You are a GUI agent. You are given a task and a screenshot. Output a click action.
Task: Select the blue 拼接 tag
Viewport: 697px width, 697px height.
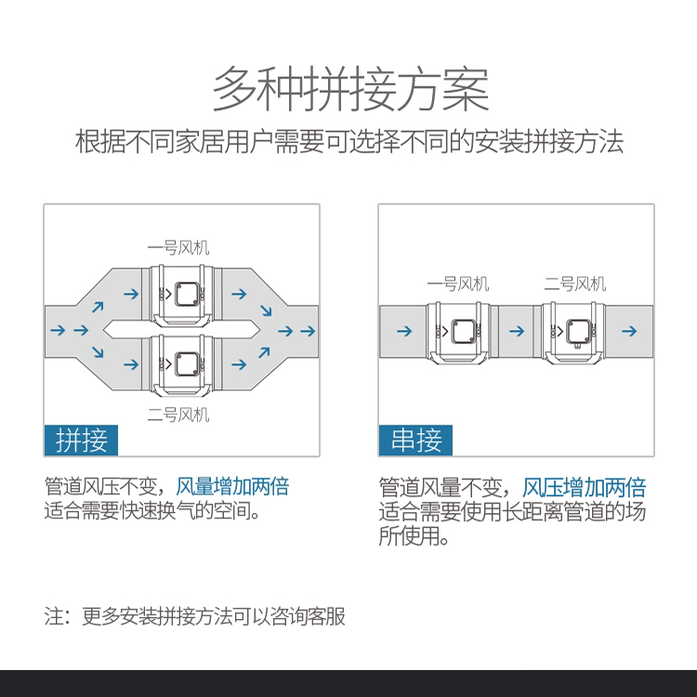point(82,440)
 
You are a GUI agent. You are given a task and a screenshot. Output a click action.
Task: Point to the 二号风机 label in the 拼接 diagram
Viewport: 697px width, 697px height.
point(179,414)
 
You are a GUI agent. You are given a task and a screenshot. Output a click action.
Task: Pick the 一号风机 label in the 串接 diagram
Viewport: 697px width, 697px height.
point(457,283)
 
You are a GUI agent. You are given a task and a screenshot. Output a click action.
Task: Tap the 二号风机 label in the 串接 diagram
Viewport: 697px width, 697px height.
point(574,283)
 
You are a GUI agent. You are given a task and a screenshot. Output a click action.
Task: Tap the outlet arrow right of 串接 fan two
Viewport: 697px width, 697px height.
point(630,330)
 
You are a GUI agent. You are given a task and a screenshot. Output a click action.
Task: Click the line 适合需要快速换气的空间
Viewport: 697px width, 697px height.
point(151,512)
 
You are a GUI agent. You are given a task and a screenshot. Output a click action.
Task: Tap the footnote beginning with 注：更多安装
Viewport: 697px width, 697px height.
point(195,616)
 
